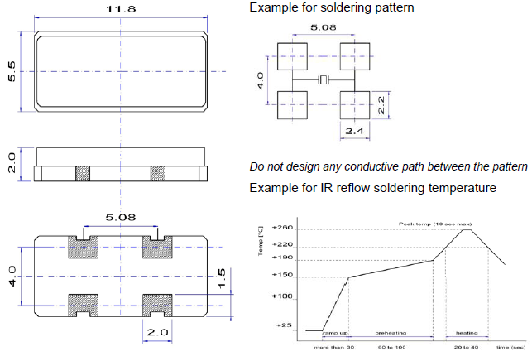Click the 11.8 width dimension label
click(119, 9)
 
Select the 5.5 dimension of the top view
click(12, 72)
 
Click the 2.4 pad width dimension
click(355, 130)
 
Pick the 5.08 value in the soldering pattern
click(324, 28)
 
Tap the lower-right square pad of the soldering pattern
click(354, 104)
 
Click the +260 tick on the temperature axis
click(282, 227)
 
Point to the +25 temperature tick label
click(285, 325)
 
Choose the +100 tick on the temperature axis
click(282, 296)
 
